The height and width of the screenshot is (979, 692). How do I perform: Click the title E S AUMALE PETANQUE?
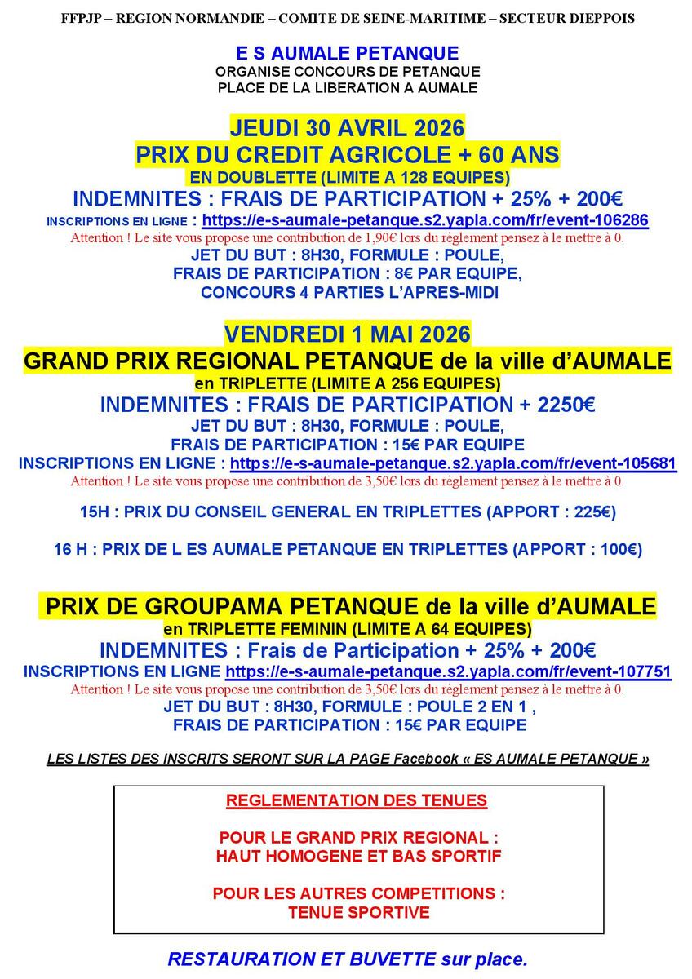[347, 54]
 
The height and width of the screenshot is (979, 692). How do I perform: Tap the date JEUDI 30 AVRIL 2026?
[347, 128]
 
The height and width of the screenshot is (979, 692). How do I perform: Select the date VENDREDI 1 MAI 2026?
[347, 334]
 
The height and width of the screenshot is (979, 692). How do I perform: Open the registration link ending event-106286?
[425, 220]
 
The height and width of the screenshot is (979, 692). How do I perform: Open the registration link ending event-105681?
[453, 463]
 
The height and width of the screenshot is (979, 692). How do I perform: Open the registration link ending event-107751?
[448, 671]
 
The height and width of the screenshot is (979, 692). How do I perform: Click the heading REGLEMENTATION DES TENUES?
[357, 800]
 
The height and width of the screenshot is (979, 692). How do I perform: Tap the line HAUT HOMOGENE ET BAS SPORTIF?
[358, 857]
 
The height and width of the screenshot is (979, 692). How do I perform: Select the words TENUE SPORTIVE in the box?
[358, 912]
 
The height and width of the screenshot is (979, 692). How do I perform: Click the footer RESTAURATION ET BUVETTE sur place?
[348, 959]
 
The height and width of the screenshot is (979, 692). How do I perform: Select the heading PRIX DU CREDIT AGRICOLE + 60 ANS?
[347, 155]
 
